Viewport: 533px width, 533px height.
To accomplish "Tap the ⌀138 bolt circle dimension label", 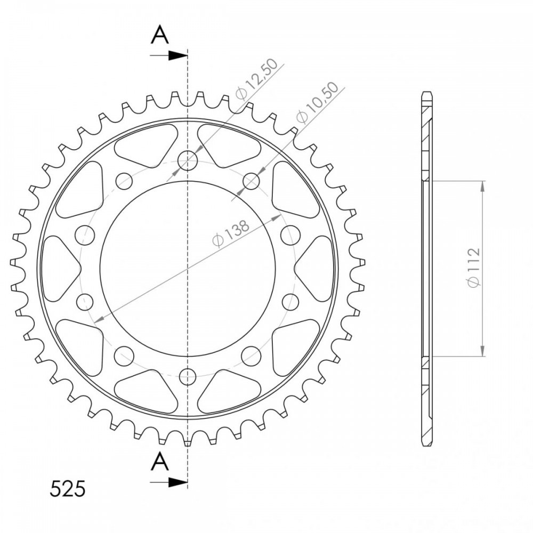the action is (231, 233).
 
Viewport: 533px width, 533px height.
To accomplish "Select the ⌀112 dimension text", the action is (473, 268).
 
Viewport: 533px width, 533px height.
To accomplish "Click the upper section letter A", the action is (160, 35).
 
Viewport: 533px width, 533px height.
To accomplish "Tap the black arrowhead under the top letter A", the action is (178, 55).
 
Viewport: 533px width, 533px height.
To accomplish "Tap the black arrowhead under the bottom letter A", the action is (178, 482).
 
